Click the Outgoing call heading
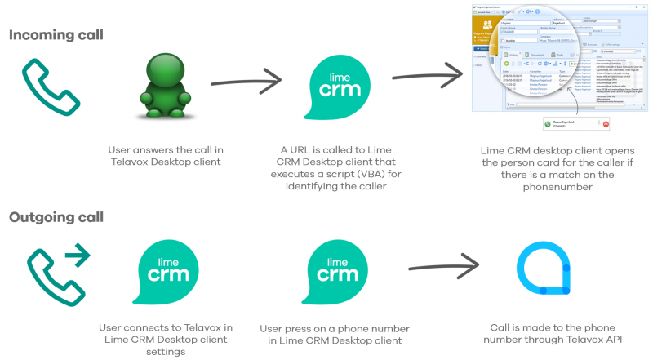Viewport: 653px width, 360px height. click(57, 218)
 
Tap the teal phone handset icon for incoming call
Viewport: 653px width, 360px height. click(43, 84)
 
